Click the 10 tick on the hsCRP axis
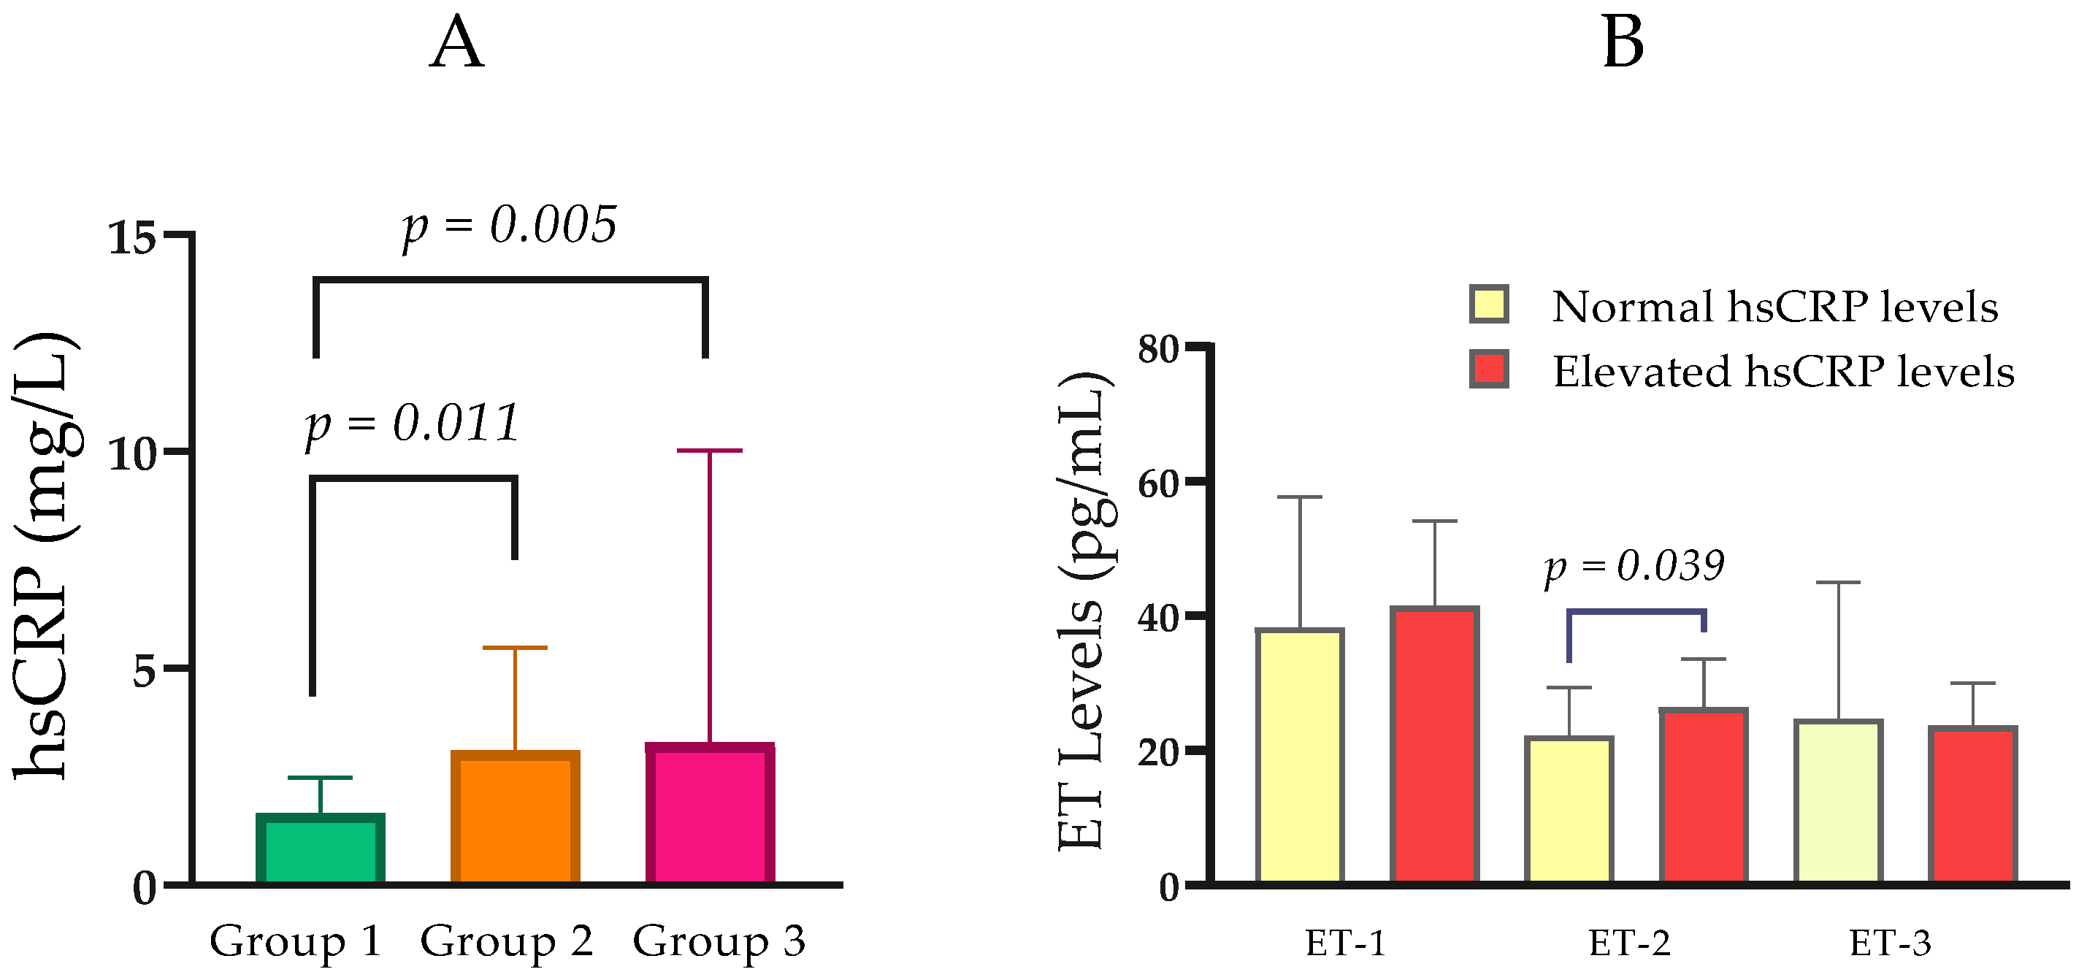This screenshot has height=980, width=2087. (132, 454)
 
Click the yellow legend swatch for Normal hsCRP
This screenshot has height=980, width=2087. (1489, 305)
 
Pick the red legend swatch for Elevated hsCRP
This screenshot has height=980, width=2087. (1489, 370)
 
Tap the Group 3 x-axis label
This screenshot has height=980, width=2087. (719, 942)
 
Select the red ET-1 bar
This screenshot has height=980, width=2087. (1435, 745)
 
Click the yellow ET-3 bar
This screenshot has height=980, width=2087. (1838, 802)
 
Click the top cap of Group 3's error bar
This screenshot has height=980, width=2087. (710, 451)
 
